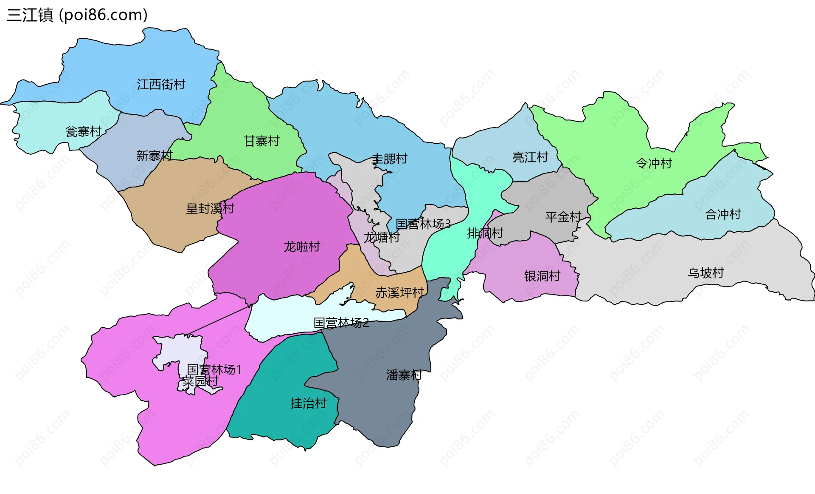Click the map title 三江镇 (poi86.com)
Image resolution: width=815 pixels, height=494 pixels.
coord(77,15)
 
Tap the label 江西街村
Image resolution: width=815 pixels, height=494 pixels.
coord(161,85)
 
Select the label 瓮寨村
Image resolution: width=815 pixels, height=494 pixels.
coord(83,131)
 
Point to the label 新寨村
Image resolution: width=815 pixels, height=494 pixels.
coord(154,156)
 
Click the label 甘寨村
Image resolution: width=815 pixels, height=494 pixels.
coord(261,141)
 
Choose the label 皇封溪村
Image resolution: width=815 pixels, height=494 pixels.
coord(210,209)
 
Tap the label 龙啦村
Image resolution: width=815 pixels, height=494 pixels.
coord(302,247)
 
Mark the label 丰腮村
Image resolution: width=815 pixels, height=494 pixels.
coord(389,159)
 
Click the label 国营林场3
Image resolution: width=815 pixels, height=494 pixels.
coord(423,224)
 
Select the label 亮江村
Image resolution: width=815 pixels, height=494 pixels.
coord(530,157)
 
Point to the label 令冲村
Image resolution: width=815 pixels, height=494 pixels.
coord(654,163)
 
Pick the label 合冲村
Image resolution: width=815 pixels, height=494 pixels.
coord(723,214)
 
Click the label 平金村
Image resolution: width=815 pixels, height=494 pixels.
coord(563,217)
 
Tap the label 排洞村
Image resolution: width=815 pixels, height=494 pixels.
coord(485,233)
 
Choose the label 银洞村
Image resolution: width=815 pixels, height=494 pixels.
coord(542,276)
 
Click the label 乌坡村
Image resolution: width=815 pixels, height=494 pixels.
coord(705,273)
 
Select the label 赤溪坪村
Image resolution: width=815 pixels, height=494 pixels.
coord(399,293)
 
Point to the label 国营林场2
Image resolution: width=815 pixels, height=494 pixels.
coord(341,323)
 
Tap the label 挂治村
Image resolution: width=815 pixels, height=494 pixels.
coord(308,403)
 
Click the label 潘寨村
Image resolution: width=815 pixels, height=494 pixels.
coord(404,375)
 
